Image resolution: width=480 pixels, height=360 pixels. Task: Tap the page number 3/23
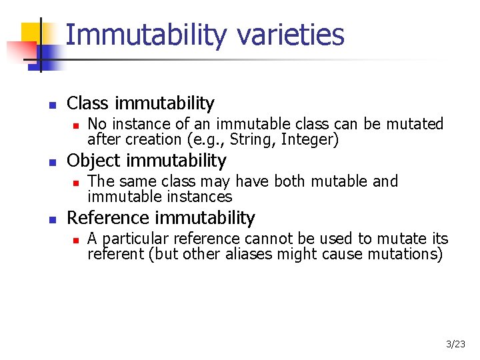[455, 344]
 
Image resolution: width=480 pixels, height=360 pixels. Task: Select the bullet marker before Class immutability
[52, 105]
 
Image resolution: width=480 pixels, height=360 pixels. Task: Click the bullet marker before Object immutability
[52, 162]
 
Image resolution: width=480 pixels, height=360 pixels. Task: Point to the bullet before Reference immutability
[52, 219]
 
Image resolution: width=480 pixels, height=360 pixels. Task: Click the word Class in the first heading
[89, 103]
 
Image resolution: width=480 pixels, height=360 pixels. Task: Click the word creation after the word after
[147, 140]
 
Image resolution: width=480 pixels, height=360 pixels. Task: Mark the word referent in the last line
[114, 254]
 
